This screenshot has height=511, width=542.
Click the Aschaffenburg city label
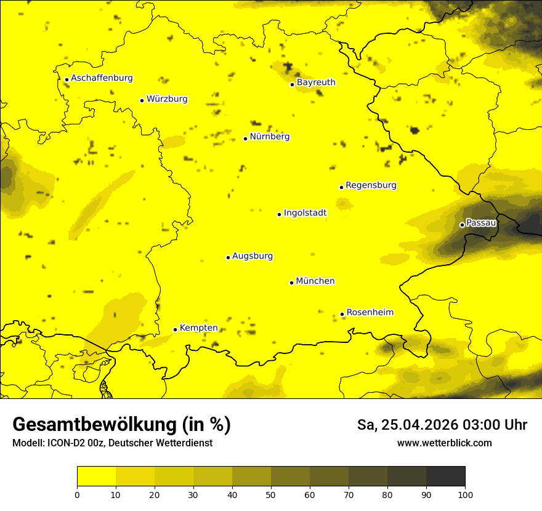[x=102, y=78]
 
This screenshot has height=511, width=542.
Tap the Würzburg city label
[x=167, y=99]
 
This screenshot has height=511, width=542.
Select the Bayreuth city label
[x=316, y=82]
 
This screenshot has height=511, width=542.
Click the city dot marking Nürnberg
[x=245, y=139]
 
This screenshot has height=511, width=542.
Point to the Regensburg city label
[x=371, y=185]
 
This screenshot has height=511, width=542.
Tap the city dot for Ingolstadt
[x=279, y=214]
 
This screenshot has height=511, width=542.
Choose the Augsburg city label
[x=253, y=256]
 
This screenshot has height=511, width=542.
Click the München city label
[x=315, y=281]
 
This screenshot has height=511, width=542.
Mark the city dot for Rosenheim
[x=342, y=314]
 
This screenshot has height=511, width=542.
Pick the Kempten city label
[x=198, y=328]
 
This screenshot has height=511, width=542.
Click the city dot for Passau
[x=462, y=225]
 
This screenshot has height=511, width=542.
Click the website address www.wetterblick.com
[x=444, y=443]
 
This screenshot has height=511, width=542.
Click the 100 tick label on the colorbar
[x=465, y=495]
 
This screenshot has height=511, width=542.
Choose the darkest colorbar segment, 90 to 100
[x=445, y=476]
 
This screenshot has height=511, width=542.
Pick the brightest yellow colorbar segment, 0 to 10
[x=96, y=476]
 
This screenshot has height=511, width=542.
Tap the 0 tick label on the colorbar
[x=77, y=495]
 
